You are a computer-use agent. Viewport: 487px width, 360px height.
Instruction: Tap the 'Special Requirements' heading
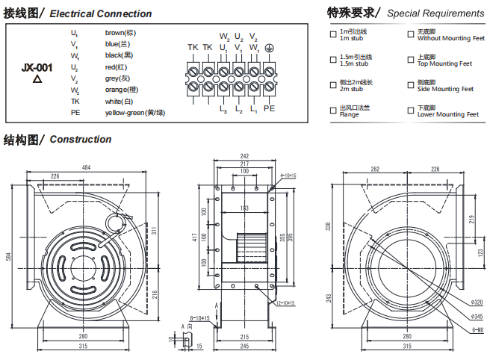pos(435,13)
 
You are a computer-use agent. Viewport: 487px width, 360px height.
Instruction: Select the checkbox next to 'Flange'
pos(333,111)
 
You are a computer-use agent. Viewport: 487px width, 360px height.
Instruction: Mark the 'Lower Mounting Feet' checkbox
pos(411,111)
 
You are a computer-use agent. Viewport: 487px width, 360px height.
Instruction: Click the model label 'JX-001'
pos(37,67)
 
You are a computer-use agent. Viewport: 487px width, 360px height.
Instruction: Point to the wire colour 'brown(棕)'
pos(120,32)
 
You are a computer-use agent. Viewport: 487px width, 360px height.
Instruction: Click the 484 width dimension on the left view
pos(86,167)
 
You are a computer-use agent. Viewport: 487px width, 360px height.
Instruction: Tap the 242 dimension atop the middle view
pos(243,155)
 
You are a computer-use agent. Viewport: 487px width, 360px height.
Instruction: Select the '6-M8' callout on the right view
pos(475,329)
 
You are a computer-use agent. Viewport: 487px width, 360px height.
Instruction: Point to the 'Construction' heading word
pos(81,140)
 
